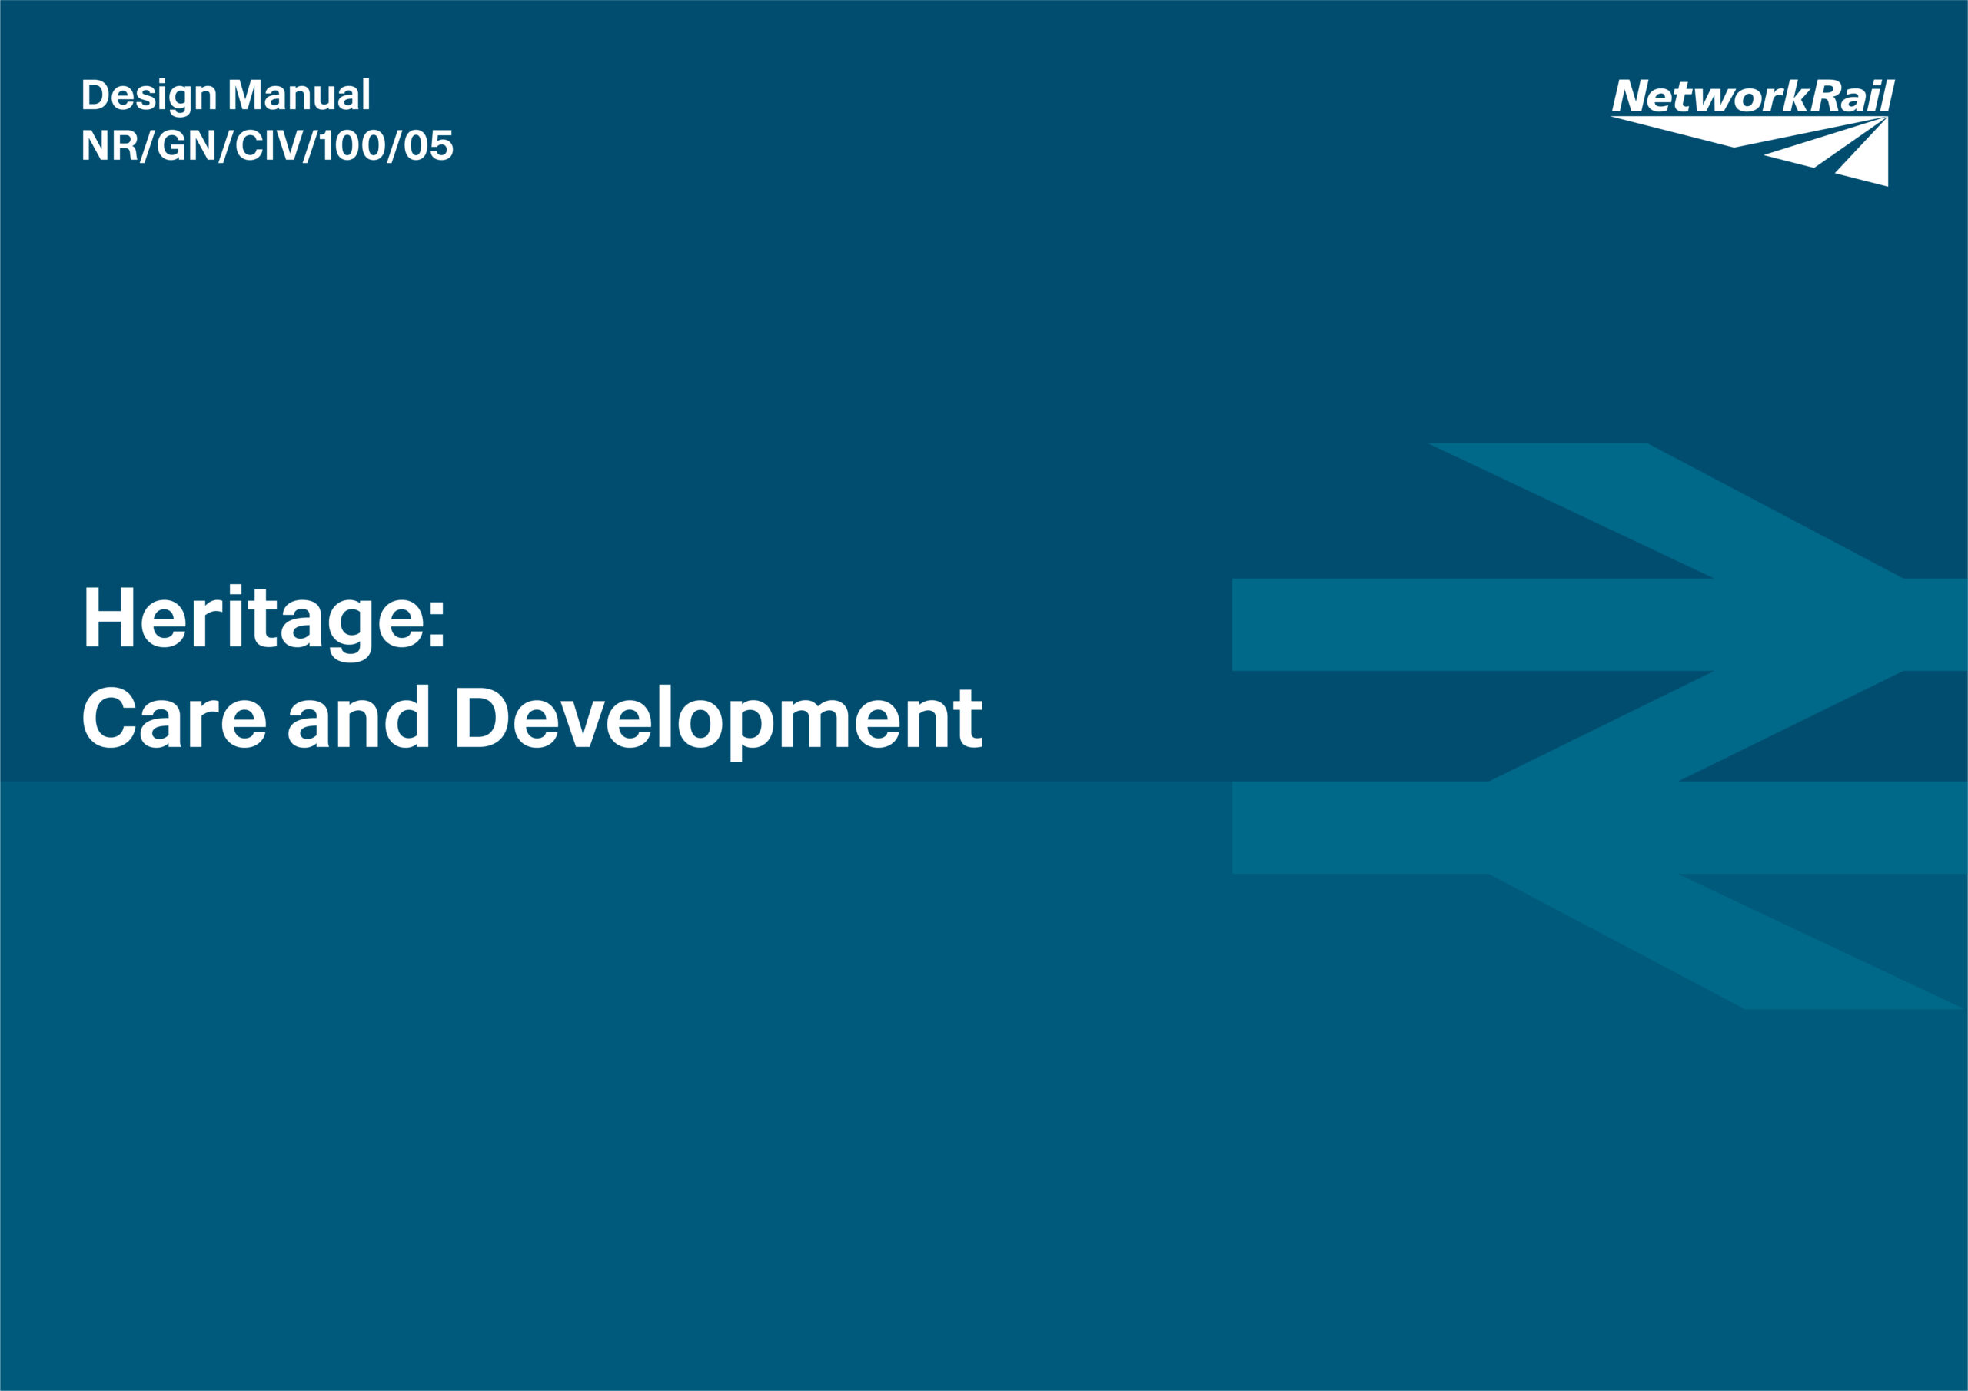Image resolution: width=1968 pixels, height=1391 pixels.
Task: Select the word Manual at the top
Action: pyautogui.click(x=299, y=95)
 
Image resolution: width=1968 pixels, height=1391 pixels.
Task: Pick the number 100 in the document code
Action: pyautogui.click(x=351, y=146)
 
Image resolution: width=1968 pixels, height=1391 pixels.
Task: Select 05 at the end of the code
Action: pyautogui.click(x=427, y=146)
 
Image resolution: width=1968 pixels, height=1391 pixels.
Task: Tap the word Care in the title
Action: pyautogui.click(x=174, y=717)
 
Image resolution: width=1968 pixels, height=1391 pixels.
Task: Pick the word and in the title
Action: pyautogui.click(x=358, y=716)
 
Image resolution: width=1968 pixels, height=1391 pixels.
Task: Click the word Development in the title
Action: pyautogui.click(x=718, y=721)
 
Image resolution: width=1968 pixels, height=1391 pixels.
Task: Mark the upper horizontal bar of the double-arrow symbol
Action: pyautogui.click(x=1600, y=625)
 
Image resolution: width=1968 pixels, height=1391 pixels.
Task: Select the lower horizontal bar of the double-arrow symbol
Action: pyautogui.click(x=1600, y=828)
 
